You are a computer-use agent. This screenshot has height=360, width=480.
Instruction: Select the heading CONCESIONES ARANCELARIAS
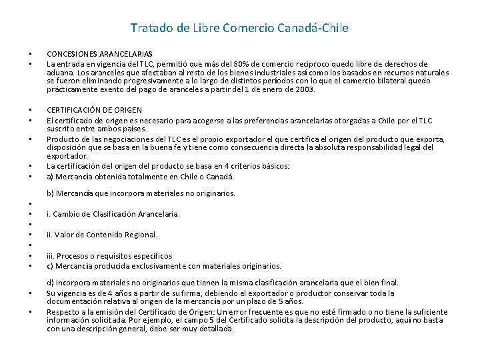coord(99,54)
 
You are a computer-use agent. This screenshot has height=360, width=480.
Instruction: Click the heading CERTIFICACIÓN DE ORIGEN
coord(94,110)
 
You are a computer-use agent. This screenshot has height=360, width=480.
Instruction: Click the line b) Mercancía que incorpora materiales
coord(141,193)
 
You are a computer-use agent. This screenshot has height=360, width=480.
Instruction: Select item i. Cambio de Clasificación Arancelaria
coord(113,214)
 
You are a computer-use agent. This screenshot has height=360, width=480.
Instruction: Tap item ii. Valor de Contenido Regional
coord(102,235)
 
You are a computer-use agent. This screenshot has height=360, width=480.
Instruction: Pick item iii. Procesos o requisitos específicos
coord(109,256)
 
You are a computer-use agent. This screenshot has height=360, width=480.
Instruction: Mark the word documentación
coord(73,301)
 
